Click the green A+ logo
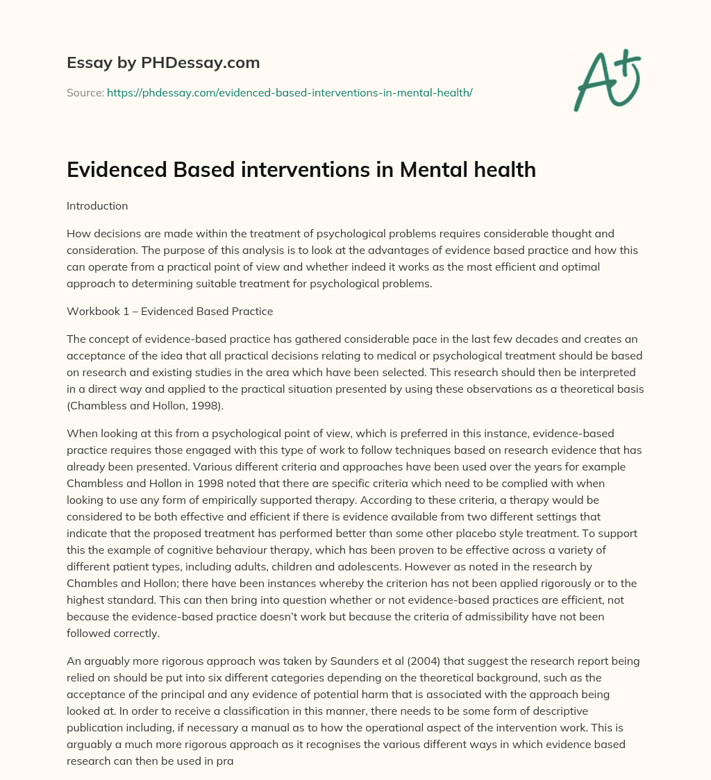pos(605,79)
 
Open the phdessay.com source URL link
pos(290,92)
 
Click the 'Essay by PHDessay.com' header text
pos(163,63)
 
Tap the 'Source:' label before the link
pos(85,92)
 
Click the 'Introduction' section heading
pos(97,206)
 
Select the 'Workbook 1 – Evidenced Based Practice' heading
pos(169,312)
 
